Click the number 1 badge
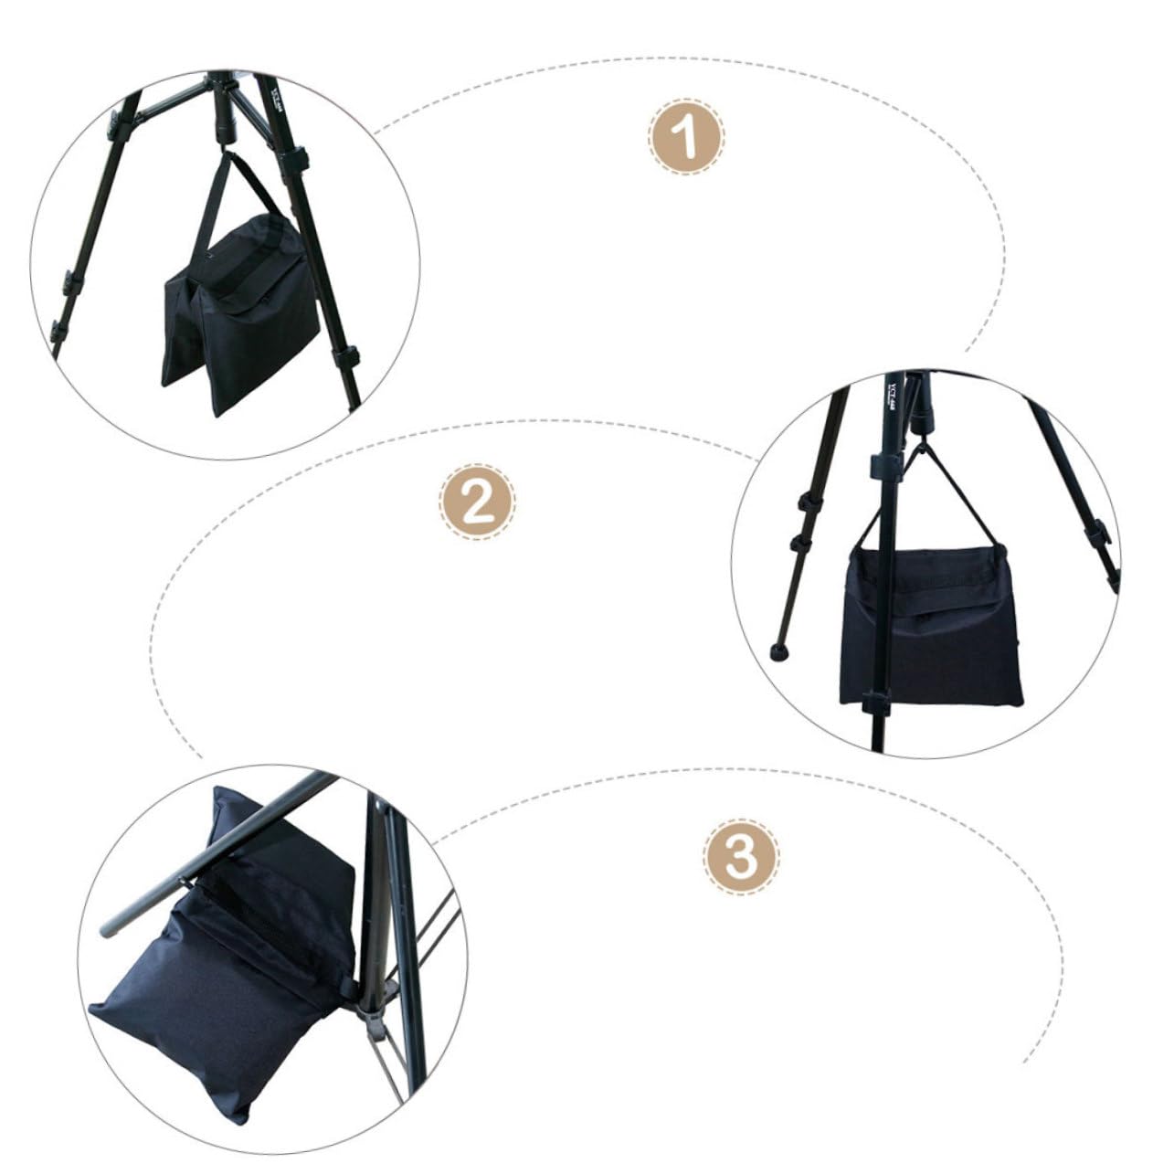tap(686, 136)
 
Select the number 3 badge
tap(741, 857)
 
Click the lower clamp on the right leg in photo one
tap(348, 353)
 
